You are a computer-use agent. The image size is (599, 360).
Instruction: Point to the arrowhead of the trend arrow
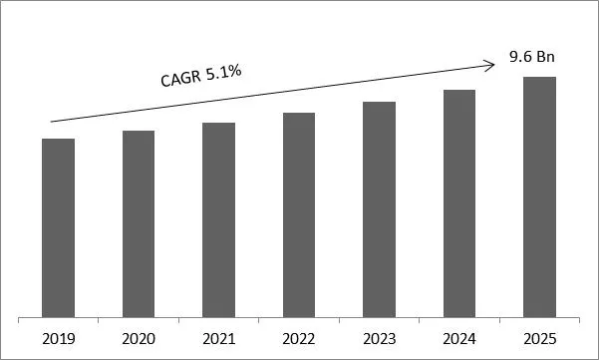click(x=491, y=66)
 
